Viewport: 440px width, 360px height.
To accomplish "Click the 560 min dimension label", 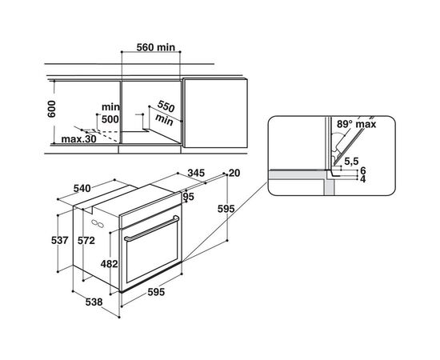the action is point(156,47).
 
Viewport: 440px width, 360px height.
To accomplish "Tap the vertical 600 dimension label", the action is point(52,109).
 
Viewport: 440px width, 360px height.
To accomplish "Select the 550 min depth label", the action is point(165,113).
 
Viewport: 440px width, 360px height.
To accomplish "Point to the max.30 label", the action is point(78,139).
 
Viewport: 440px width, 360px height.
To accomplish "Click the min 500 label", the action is point(110,114).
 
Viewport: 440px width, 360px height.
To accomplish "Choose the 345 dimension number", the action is point(196,173).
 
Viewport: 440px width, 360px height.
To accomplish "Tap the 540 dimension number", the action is point(82,188).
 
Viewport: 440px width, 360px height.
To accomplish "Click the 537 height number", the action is point(60,241).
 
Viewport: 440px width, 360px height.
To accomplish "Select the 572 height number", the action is point(86,241).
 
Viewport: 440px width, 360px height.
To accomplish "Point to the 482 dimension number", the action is point(109,264).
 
